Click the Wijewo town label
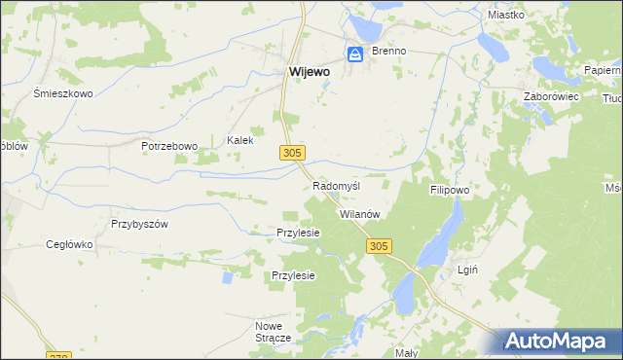tap(309, 71)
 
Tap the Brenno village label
tap(386, 51)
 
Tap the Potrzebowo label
tap(168, 146)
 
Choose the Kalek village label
tap(240, 140)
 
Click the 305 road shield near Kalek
tap(294, 153)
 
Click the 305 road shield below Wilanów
tap(380, 247)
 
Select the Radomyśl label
tap(337, 186)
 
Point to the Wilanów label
tap(358, 213)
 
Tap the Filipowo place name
tap(450, 191)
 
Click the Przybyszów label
tap(140, 223)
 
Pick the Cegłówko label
tap(69, 245)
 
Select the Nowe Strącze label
tap(274, 331)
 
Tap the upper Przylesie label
tap(299, 233)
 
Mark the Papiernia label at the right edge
tap(604, 71)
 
